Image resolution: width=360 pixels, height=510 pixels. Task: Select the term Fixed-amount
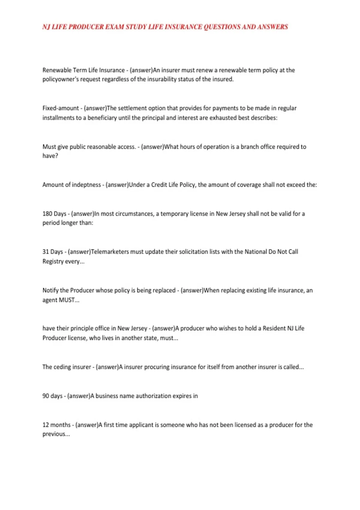[x=60, y=108]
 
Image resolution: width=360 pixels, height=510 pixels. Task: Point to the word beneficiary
[x=102, y=118]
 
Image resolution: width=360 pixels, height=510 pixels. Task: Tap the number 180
[x=47, y=214]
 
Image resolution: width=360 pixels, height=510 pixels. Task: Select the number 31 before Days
[x=46, y=252]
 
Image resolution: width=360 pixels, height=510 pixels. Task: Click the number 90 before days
[x=46, y=396]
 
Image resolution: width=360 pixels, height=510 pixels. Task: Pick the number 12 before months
[x=46, y=425]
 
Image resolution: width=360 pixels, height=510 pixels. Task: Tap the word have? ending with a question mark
[x=50, y=156]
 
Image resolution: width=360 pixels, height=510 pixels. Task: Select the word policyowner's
[x=60, y=79]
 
